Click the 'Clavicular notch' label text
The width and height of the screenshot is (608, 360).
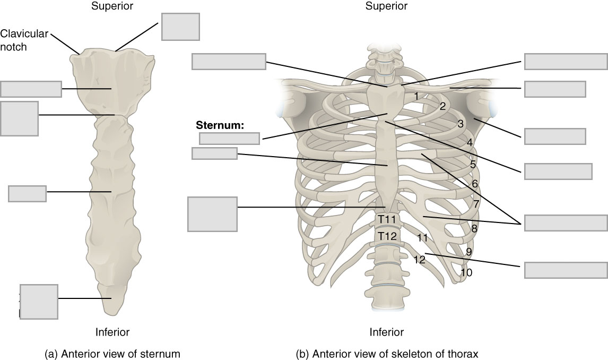click(x=24, y=40)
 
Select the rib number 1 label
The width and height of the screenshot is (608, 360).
click(x=418, y=96)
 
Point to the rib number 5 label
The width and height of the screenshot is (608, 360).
click(x=473, y=165)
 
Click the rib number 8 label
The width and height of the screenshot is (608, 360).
click(x=474, y=229)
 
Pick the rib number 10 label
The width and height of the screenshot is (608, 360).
click(x=466, y=273)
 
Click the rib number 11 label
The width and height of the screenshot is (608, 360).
click(x=422, y=238)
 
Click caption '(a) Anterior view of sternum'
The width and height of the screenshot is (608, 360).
click(x=112, y=353)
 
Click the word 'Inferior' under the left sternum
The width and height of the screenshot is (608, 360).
click(x=112, y=332)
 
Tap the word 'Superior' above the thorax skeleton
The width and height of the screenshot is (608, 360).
click(x=386, y=6)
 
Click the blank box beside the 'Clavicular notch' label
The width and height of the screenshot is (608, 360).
click(x=180, y=27)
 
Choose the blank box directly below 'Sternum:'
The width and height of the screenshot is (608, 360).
click(x=229, y=139)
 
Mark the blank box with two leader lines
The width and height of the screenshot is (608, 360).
click(x=565, y=223)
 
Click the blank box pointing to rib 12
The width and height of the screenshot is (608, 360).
click(x=565, y=270)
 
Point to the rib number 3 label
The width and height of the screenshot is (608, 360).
click(x=461, y=124)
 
